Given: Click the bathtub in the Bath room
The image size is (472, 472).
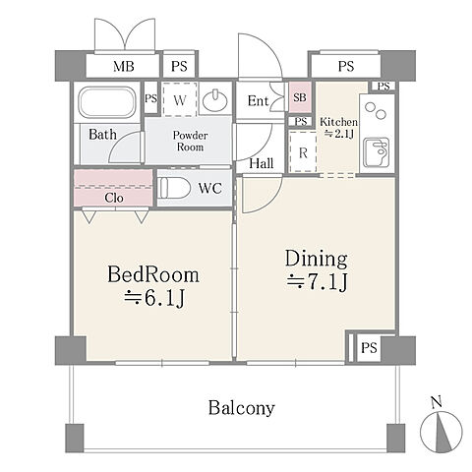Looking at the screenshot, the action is [107, 102].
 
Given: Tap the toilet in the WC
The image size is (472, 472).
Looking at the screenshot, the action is [175, 188].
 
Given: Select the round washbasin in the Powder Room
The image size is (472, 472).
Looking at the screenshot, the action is [215, 100].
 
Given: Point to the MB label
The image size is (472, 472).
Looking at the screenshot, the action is [124, 67].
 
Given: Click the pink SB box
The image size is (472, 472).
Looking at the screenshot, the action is [300, 97].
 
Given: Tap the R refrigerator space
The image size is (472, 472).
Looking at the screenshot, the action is [303, 151].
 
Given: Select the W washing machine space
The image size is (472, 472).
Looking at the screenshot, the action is [180, 99].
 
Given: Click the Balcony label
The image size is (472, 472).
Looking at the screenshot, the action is [242, 408].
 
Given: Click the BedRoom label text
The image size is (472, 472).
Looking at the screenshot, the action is [153, 274].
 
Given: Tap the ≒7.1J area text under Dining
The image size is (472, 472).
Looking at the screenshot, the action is [317, 282].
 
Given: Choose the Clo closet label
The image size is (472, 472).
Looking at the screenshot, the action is [114, 198].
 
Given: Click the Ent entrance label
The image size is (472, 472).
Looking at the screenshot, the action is [259, 101].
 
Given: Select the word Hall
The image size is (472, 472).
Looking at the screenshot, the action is [262, 163].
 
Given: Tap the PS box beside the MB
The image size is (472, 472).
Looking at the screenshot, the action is [179, 66].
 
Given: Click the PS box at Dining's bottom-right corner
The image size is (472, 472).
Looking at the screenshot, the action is [369, 347].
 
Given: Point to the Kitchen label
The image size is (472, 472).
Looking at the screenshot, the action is [338, 122].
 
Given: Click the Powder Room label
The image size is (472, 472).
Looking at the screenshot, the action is [190, 141].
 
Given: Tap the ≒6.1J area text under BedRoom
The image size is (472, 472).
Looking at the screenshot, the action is [154, 299].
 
